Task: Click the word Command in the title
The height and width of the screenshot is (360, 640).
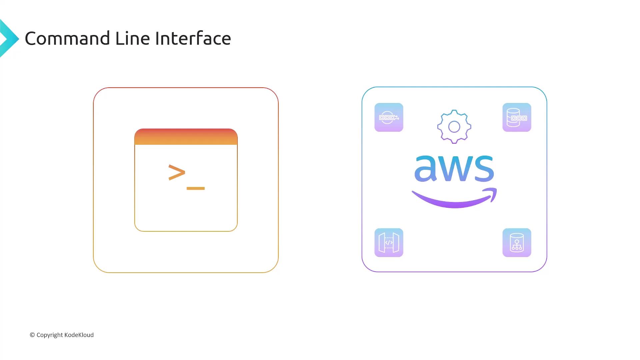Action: pos(67,38)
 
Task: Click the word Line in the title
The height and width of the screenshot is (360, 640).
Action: pos(132,38)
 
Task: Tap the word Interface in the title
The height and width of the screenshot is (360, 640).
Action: pos(193,38)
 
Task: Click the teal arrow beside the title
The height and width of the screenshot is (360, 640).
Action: pos(9,39)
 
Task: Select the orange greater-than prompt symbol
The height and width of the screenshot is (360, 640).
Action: pos(177,172)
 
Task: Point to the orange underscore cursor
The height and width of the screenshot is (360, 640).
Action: pos(196,188)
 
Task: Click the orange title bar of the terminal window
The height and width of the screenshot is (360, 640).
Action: pos(186,137)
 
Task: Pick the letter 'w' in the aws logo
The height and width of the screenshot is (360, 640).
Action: pos(454,169)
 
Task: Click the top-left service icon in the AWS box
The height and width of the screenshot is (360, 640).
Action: pos(389,117)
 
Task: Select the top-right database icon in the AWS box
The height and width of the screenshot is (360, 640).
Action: pos(517,117)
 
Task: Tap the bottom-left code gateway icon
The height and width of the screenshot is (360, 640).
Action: pos(389,243)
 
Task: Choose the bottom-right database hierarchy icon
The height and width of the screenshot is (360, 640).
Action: pos(517,243)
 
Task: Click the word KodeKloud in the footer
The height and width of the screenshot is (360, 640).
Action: pos(79,335)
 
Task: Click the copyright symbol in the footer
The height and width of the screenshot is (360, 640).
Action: pos(32,335)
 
